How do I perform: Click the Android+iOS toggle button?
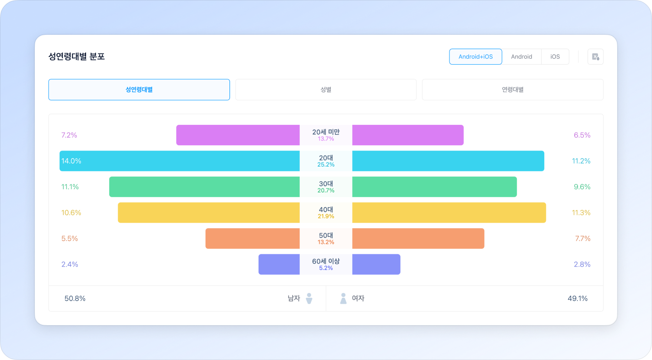pos(476,57)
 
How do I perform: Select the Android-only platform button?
pos(521,57)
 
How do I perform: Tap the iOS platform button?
pos(555,57)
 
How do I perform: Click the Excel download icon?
pos(595,57)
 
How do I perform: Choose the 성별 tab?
pos(326,90)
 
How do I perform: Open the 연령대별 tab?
pos(512,90)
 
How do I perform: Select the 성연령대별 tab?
pos(139,90)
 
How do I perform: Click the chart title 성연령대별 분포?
pos(77,57)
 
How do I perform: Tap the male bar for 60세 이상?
pos(279,264)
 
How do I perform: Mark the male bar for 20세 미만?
pos(238,135)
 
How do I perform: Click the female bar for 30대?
pos(434,187)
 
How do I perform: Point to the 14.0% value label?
pos(71,161)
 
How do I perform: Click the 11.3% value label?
pos(581,213)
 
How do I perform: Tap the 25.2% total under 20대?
pos(326,165)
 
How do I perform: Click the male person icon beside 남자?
pos(309,298)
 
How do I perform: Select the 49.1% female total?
pos(577,299)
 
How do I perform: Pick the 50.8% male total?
pos(75,299)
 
